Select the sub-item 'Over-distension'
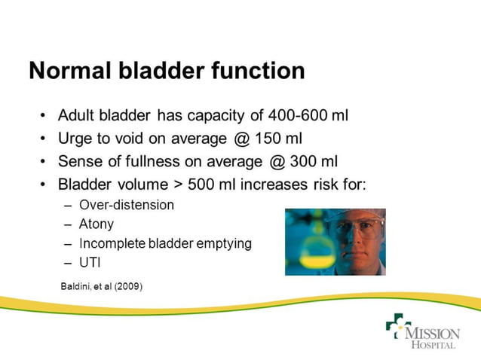click(126, 205)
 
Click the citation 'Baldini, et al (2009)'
click(101, 286)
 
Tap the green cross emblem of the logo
click(397, 326)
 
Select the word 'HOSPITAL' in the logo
click(433, 345)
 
